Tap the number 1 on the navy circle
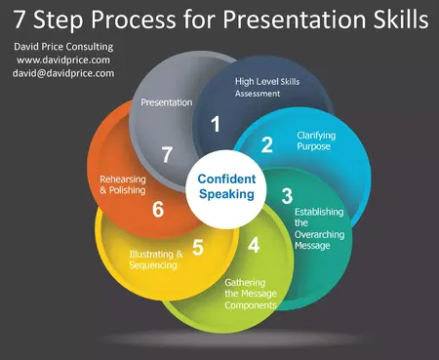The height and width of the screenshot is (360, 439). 216,124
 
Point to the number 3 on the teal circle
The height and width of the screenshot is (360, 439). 286,195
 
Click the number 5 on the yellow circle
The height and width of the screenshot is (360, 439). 198,247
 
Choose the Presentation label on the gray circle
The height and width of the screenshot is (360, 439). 166,101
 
